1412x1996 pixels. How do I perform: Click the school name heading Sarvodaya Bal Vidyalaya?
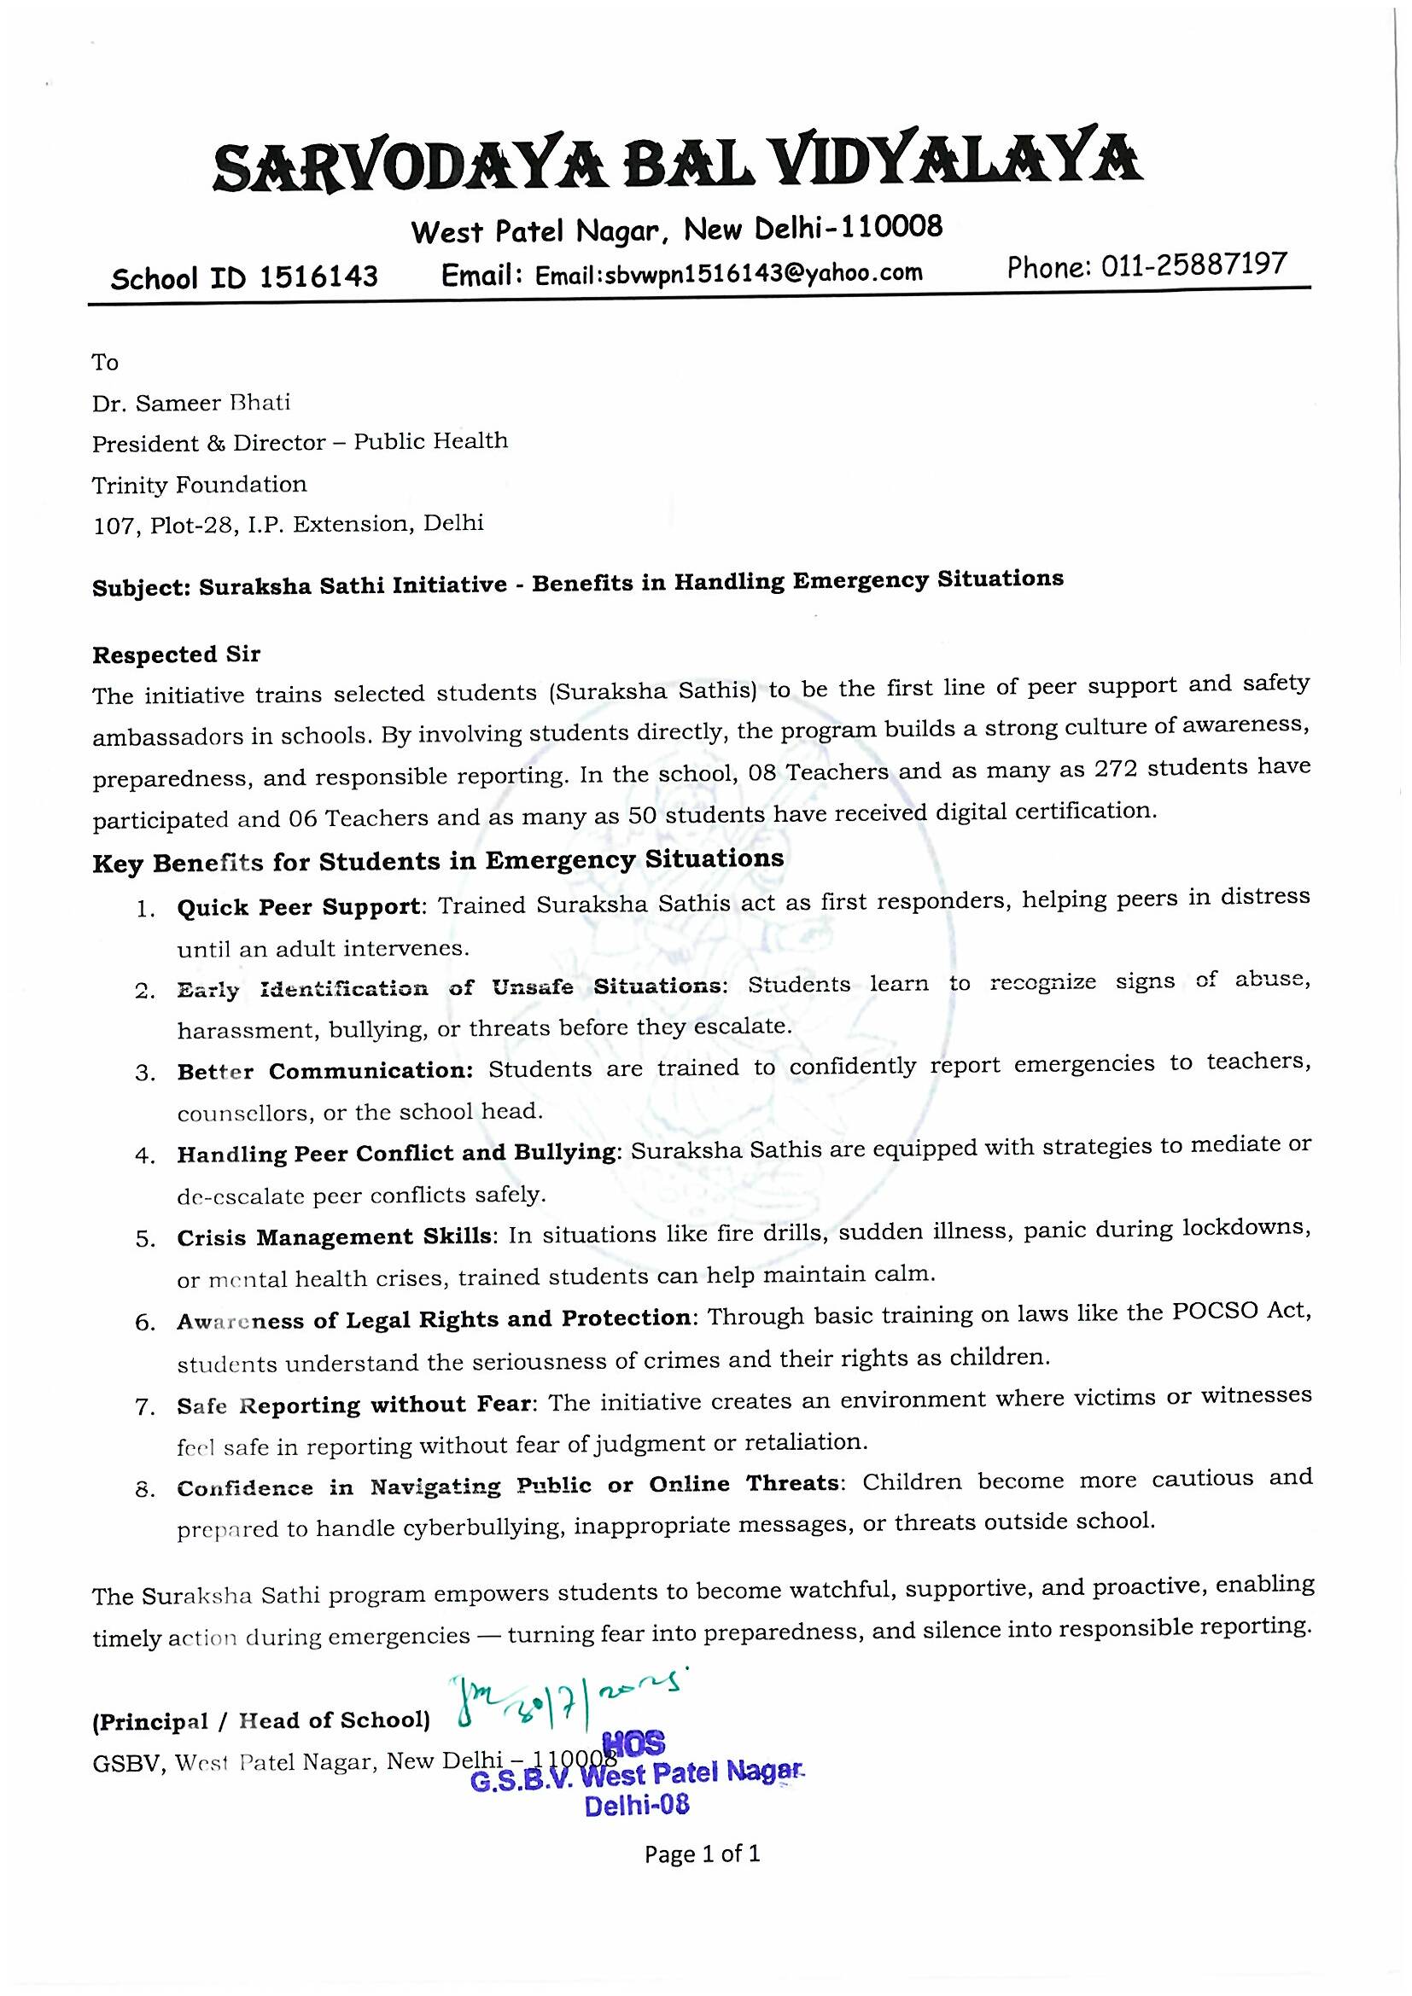676,166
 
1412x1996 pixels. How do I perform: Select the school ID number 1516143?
318,277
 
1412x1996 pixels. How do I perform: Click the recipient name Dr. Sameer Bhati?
191,404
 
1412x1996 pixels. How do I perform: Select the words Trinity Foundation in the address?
199,485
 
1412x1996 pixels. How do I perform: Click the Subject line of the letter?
577,583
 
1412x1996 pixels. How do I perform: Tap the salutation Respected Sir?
176,655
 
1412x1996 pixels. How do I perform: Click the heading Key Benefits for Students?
437,861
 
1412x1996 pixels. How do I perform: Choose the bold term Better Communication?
325,1071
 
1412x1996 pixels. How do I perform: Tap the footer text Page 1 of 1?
702,1853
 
